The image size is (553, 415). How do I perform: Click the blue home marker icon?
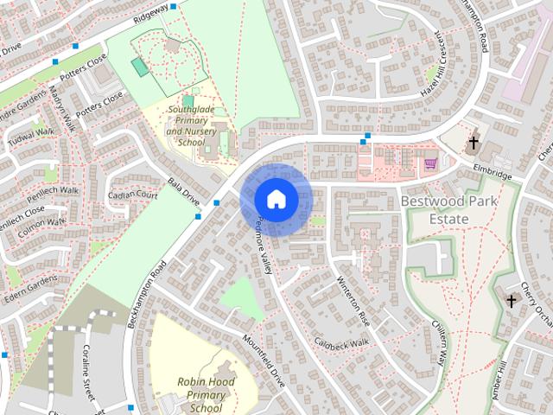[x=276, y=199]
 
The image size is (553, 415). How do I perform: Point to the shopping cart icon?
[x=429, y=163]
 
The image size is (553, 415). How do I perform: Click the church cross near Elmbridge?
[x=474, y=143]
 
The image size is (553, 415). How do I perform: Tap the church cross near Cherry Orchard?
[x=512, y=301]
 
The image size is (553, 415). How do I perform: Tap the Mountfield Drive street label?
[x=264, y=361]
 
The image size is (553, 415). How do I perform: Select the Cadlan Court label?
[x=133, y=196]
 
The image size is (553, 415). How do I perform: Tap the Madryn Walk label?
[x=63, y=109]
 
